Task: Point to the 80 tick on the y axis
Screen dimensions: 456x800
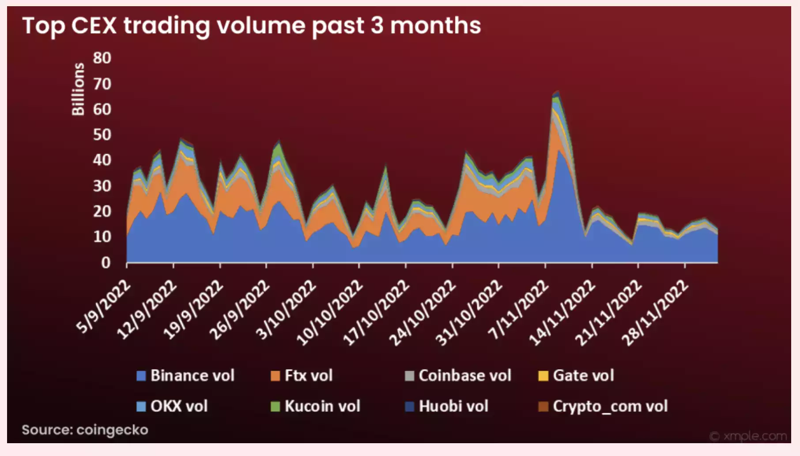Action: tap(102, 58)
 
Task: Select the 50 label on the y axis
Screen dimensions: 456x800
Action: tap(102, 135)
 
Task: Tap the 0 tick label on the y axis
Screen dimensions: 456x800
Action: tap(106, 263)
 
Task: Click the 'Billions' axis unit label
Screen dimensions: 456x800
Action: tap(78, 89)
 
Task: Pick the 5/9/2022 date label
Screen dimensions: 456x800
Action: tap(104, 306)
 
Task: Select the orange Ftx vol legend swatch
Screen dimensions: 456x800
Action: tap(275, 376)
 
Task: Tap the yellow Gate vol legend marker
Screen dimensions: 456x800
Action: tap(543, 376)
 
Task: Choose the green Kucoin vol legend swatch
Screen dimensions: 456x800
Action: tap(275, 407)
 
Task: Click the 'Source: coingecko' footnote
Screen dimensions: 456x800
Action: tap(85, 430)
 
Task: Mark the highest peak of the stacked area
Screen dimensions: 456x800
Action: tap(558, 91)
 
